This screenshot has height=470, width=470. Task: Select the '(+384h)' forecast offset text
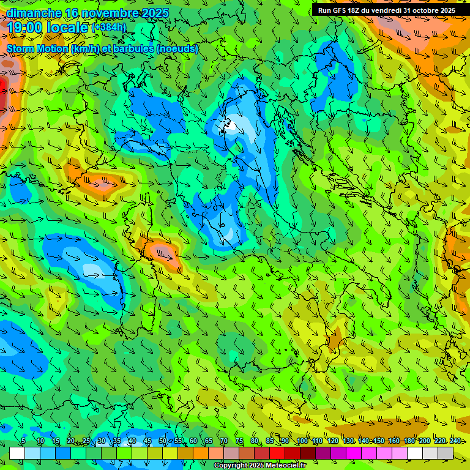(x=108, y=28)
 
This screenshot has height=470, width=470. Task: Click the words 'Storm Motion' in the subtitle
(x=37, y=49)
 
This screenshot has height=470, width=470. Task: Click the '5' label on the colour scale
(x=23, y=441)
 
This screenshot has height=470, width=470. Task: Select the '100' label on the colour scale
(x=302, y=441)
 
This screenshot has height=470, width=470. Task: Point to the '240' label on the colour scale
(x=455, y=441)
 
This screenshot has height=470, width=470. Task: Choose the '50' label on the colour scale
(x=163, y=441)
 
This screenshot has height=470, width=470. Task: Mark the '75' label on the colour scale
(x=239, y=441)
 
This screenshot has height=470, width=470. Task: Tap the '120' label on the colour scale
(x=333, y=441)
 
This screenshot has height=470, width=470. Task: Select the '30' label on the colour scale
(x=102, y=441)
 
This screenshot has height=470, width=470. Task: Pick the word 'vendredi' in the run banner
(x=381, y=10)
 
